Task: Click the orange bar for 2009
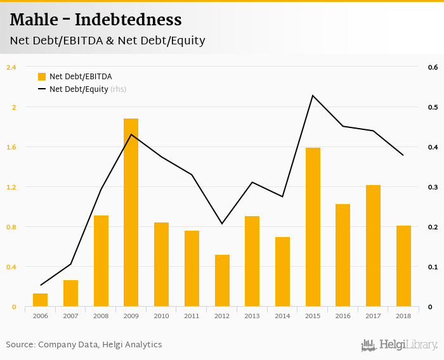(131, 212)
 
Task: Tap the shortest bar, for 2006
(40, 300)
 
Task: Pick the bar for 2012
(222, 281)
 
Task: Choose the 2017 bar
(373, 246)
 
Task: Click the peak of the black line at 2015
(313, 95)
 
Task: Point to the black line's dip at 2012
(222, 224)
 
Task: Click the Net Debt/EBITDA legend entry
(75, 77)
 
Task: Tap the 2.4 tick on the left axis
(11, 67)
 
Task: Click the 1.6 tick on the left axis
(11, 147)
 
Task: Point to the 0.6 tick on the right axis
(433, 67)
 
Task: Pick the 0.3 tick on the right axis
(433, 187)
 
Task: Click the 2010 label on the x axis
(161, 316)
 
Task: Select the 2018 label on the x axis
(403, 316)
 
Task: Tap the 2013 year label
(252, 316)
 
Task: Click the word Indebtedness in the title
(128, 20)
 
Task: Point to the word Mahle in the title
(35, 20)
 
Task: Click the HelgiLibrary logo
(400, 345)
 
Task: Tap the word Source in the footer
(20, 345)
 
